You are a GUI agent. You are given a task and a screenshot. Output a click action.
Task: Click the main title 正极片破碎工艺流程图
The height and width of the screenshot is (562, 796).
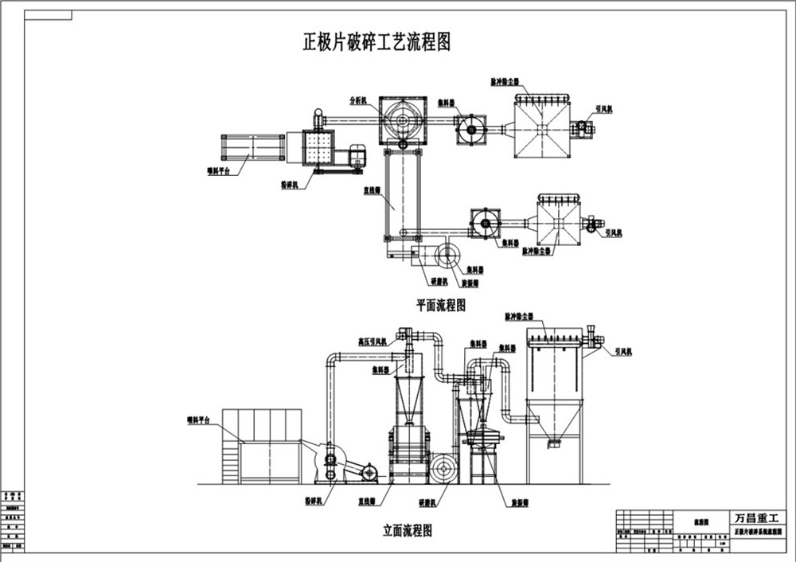377,41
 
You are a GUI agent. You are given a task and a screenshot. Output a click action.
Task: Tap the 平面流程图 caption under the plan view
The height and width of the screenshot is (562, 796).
440,305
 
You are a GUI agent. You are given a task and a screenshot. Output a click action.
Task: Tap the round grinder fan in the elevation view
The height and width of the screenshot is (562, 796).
443,469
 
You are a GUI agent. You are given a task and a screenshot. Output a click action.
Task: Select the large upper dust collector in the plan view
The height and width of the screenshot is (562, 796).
540,127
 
